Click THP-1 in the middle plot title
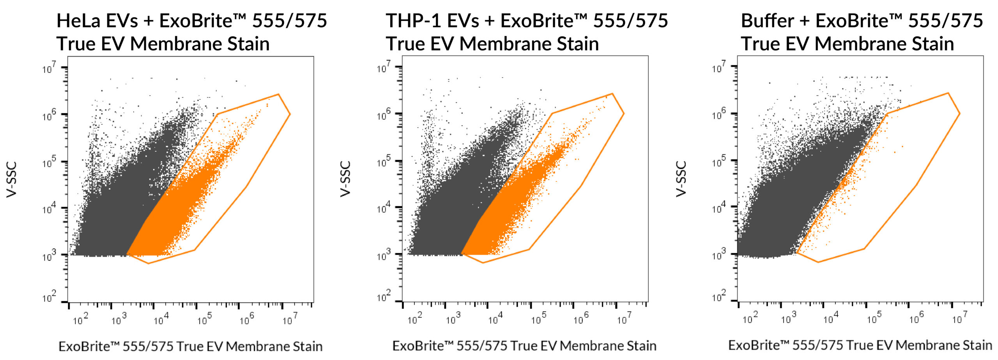(x=413, y=21)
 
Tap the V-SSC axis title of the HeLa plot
(x=12, y=179)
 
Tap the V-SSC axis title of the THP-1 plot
(x=346, y=179)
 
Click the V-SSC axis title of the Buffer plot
(x=681, y=179)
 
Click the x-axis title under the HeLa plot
(x=190, y=346)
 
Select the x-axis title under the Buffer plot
(x=860, y=345)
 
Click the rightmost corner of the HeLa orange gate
(x=290, y=114)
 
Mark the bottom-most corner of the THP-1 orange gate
(x=483, y=262)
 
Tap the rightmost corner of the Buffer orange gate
(x=959, y=113)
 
